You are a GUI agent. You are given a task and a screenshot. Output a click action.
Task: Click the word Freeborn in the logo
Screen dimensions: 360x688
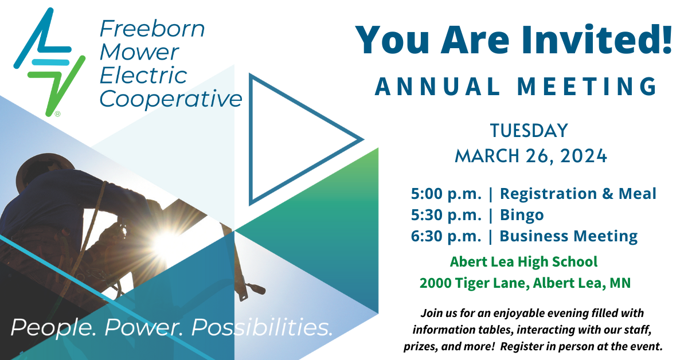(x=152, y=29)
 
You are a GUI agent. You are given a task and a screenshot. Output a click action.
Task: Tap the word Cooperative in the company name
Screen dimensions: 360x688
(x=171, y=99)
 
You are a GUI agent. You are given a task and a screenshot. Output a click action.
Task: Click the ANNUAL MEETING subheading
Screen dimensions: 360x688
(x=515, y=87)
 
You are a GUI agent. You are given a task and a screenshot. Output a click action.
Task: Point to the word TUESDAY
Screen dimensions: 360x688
(x=529, y=131)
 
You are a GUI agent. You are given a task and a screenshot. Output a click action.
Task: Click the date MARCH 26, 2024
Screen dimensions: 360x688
(x=531, y=155)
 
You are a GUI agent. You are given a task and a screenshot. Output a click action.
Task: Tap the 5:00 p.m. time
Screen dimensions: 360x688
(x=446, y=194)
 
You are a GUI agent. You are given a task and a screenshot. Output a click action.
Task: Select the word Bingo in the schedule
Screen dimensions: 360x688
(x=522, y=215)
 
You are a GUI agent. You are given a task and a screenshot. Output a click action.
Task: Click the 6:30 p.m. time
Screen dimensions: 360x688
(x=446, y=236)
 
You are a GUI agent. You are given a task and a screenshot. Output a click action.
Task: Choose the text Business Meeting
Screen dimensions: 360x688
(x=569, y=236)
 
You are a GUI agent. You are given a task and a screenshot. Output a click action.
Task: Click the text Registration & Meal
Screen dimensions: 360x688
(x=578, y=194)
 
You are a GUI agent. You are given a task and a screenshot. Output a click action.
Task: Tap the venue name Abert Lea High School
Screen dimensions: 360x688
(x=523, y=262)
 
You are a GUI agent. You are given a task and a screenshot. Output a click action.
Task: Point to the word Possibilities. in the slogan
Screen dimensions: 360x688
(x=262, y=327)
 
